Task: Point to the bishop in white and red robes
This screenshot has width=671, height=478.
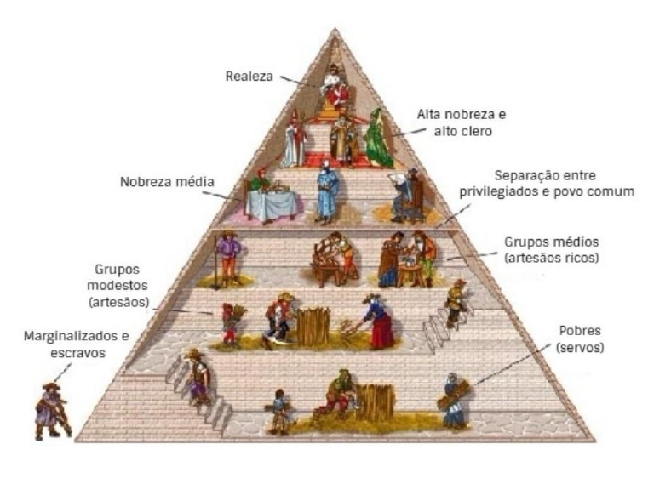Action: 294,139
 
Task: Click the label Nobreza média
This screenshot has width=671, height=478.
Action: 168,182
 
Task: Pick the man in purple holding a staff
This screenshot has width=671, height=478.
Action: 227,256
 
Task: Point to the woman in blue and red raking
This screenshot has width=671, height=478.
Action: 379,321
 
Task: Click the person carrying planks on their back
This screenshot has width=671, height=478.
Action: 453,399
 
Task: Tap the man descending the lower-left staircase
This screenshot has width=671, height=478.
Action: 197,377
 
